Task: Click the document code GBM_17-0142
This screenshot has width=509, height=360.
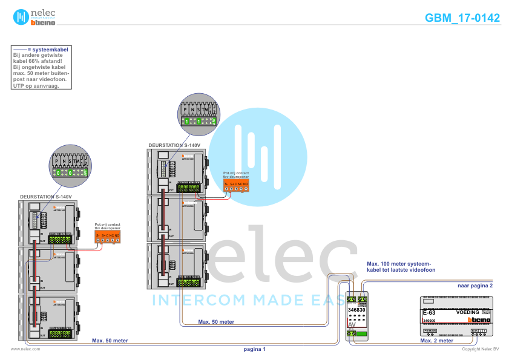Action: coord(462,18)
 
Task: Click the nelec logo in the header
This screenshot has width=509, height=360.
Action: coord(35,17)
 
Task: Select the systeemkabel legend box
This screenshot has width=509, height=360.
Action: coord(42,67)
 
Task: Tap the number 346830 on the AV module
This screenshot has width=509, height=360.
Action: coord(357,310)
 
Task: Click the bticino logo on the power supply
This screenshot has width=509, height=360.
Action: coord(478,319)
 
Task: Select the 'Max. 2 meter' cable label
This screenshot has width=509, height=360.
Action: coord(437,341)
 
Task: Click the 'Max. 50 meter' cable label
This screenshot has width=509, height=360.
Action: coord(216,322)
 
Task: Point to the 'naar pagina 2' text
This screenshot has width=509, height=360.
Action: coord(475,284)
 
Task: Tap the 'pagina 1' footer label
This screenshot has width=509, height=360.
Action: coord(254,349)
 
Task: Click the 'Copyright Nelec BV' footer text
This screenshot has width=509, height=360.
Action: coord(480,349)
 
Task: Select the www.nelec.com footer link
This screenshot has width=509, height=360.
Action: coord(25,349)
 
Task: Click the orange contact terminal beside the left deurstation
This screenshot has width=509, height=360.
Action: coord(108,237)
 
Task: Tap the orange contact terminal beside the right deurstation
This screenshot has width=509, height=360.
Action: coord(236,185)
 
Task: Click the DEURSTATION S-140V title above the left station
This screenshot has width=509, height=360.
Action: coord(46,197)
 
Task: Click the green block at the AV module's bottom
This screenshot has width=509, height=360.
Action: coord(361,334)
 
